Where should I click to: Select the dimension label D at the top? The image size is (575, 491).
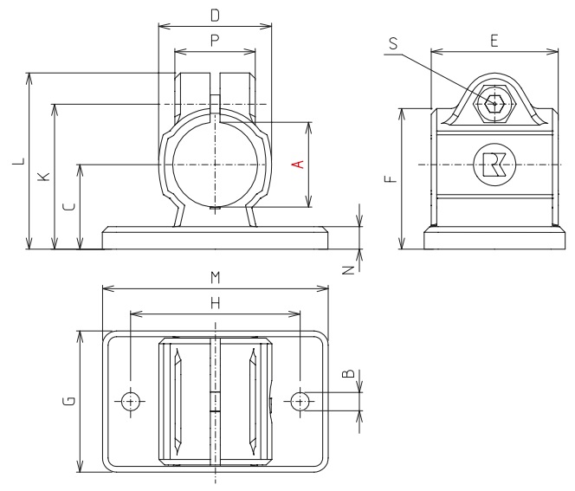point(215,15)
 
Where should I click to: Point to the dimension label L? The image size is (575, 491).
point(17,162)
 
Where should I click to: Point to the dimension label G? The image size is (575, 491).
point(68,400)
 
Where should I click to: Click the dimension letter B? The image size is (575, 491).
point(347,374)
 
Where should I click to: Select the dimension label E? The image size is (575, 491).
point(494,40)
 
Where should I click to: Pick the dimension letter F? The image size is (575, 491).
point(390,178)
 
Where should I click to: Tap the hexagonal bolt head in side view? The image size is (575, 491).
point(494,104)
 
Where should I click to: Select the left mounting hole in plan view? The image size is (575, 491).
point(130,401)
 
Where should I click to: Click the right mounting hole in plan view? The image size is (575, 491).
point(300,401)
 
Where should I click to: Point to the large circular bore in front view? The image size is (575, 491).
point(215,164)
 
